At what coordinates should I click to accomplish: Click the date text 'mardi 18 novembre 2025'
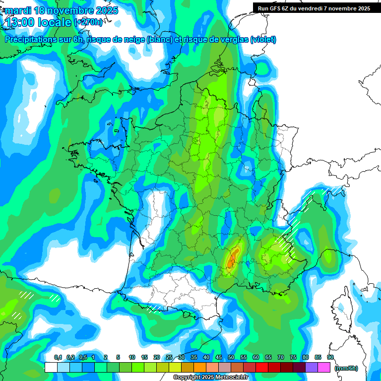coord(62,10)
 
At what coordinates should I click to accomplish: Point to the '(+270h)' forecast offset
coord(89,22)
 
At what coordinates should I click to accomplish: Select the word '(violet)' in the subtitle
coord(263,40)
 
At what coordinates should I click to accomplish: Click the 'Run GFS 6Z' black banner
coord(314,8)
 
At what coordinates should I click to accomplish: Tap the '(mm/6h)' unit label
coord(346,368)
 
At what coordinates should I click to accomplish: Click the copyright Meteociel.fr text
coord(211,378)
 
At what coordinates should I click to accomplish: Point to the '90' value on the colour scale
coord(330,357)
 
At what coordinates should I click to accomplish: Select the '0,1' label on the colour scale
coord(58,357)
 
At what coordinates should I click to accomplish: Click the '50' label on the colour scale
coord(231,357)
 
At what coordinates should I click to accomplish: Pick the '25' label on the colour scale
coord(169,357)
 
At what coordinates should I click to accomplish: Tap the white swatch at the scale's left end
coord(51,367)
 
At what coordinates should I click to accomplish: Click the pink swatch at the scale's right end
coord(324,367)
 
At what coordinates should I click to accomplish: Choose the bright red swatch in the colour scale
coord(262,367)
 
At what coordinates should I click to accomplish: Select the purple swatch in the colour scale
coord(312,367)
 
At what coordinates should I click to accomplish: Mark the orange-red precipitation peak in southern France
coord(232,258)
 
